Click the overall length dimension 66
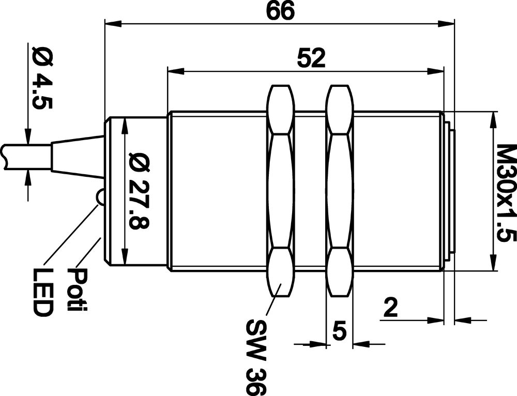point(280,11)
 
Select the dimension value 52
point(311,58)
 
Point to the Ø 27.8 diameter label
point(139,191)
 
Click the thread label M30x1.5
point(506,193)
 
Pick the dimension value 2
point(391,307)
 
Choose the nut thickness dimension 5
point(340,331)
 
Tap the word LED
point(43,292)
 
